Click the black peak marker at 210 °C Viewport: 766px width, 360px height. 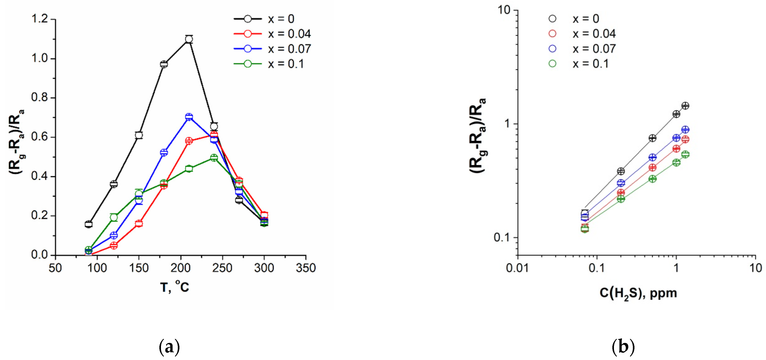(189, 39)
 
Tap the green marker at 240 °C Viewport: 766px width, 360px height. (214, 157)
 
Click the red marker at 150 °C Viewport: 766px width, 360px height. (139, 224)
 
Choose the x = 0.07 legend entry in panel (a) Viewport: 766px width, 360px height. (272, 49)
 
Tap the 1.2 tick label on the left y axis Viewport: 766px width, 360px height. (39, 19)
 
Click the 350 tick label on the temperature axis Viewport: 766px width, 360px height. (306, 268)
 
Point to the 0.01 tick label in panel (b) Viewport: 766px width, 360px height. (518, 268)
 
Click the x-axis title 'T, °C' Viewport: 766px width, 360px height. (175, 287)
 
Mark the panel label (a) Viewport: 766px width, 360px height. (169, 347)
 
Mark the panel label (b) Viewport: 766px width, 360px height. (623, 347)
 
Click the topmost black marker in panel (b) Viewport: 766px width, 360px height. (685, 106)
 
